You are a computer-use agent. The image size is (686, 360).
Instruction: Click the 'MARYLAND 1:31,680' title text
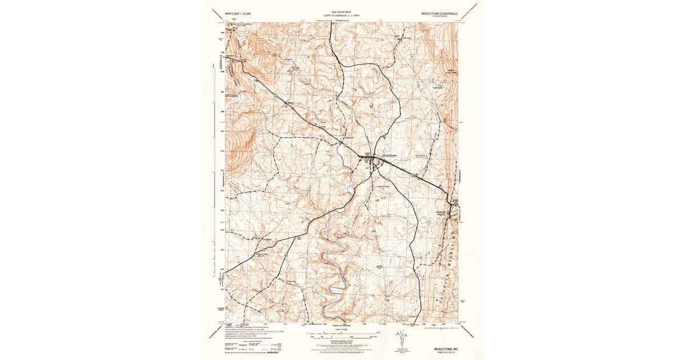point(241,13)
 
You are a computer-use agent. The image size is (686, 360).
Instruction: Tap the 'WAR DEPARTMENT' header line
point(341,11)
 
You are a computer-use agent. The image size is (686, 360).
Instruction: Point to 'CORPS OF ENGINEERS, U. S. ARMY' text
point(341,15)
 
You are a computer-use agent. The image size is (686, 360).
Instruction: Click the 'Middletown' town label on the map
point(389,155)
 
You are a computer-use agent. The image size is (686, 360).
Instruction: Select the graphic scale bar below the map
point(341,337)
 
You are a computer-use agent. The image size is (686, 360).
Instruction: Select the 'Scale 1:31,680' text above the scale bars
point(341,330)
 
